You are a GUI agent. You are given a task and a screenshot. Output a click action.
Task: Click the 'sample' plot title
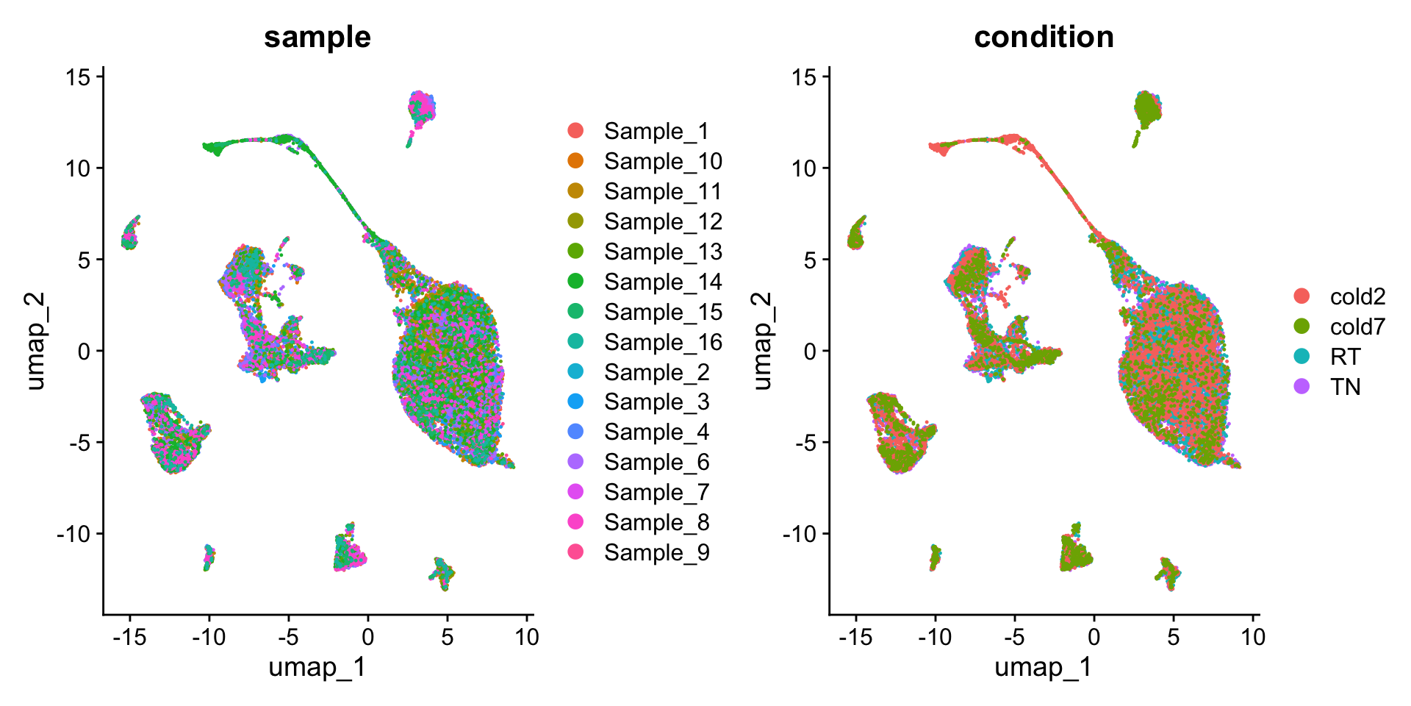[317, 37]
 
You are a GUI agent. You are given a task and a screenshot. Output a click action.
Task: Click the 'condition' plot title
[1044, 37]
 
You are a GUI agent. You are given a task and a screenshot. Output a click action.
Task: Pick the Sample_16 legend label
[663, 342]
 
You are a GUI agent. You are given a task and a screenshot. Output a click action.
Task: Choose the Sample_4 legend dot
[575, 432]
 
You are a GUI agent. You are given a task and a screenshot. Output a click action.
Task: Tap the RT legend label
[1345, 357]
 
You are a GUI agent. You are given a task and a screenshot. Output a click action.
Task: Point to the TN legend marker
[1302, 386]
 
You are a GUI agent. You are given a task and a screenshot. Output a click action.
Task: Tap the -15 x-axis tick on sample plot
[129, 637]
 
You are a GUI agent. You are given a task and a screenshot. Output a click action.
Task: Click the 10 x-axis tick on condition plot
[1253, 637]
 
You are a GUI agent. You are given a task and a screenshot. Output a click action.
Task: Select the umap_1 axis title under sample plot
[317, 668]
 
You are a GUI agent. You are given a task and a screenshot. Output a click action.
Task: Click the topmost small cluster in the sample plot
[421, 109]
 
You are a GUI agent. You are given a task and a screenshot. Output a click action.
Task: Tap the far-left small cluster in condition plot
[856, 234]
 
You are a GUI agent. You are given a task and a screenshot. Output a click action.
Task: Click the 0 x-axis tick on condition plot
[1094, 637]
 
